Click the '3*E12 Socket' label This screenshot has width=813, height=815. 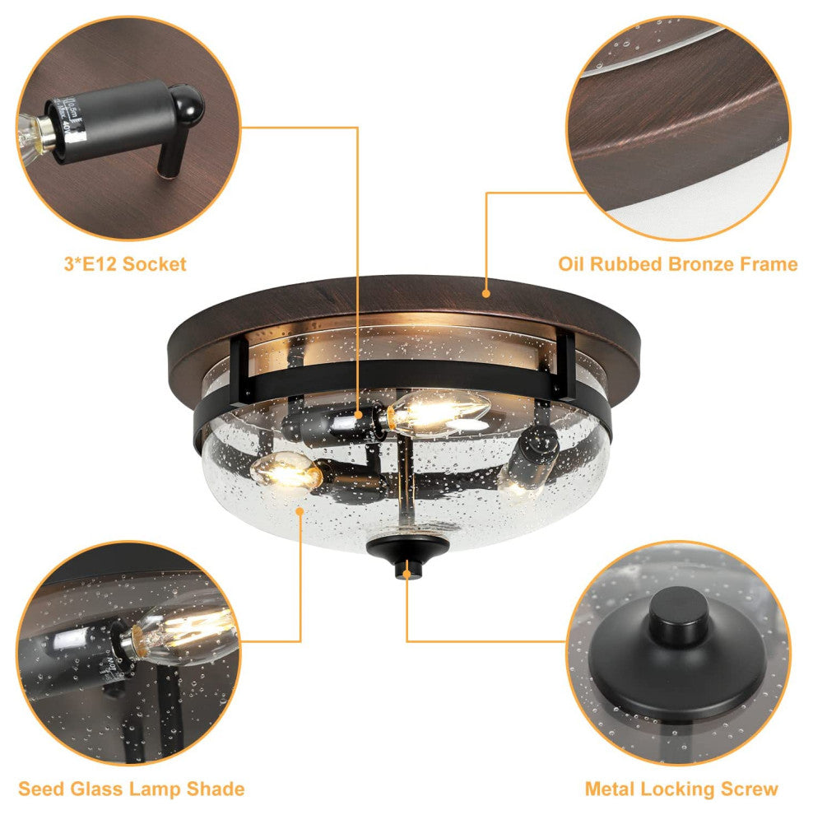coord(125,264)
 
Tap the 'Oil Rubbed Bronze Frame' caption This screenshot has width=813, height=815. coord(677,264)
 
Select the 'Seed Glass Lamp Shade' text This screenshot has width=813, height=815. coord(132,789)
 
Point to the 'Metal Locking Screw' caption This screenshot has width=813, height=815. coord(681,789)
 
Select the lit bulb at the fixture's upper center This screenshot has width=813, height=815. coord(438,412)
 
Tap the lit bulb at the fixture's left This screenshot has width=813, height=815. coord(286,469)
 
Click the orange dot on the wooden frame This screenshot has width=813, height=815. coord(486,294)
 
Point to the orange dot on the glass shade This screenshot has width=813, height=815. coord(300,511)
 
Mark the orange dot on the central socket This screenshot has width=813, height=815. coord(359,415)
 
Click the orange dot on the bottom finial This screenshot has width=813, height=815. coord(406,574)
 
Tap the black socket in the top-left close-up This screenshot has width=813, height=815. coord(125,125)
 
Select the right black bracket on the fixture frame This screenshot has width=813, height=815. coord(565,366)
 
